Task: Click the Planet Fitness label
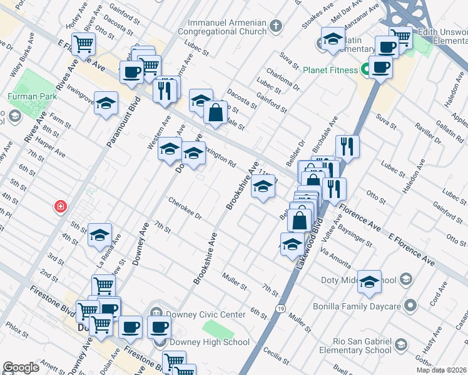point(330,69)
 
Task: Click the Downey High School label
point(210,342)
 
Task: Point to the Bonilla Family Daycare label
point(360,306)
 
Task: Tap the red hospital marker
point(60,206)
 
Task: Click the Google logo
point(21,367)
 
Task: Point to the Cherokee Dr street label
point(185,209)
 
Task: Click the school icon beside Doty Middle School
point(370,281)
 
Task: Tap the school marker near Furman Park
point(106,102)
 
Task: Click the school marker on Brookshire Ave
point(263,187)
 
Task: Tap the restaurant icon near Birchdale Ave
point(347,146)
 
